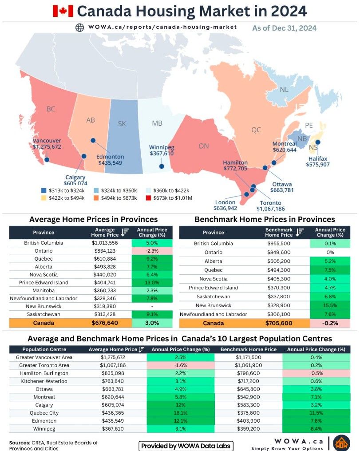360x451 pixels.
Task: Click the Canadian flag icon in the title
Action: click(63, 11)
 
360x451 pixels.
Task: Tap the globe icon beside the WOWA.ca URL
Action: click(79, 28)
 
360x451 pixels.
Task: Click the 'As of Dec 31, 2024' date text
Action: click(285, 28)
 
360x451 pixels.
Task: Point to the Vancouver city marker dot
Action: click(47, 160)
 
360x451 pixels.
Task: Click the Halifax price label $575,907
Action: click(318, 165)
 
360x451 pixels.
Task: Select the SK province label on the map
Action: click(122, 124)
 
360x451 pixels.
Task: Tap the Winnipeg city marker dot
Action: click(162, 166)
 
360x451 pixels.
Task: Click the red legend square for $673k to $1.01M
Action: click(148, 198)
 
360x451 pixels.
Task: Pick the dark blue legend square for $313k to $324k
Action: click(44, 190)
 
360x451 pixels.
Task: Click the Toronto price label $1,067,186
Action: click(271, 209)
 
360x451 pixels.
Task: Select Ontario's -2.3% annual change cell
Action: click(152, 251)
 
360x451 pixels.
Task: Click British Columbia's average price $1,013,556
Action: click(105, 243)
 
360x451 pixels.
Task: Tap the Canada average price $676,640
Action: click(105, 323)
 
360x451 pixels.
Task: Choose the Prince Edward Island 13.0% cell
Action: click(152, 282)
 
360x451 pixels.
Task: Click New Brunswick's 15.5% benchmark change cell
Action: click(330, 305)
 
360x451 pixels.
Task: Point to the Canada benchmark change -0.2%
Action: click(330, 323)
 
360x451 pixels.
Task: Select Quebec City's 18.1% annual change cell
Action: click(181, 413)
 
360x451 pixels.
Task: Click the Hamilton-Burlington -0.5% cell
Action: click(316, 373)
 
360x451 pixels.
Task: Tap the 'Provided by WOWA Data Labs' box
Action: click(186, 446)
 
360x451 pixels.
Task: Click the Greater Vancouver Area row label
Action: click(44, 357)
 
